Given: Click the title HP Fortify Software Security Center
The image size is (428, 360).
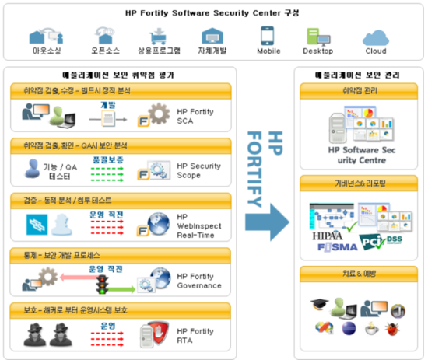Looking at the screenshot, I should [212, 13].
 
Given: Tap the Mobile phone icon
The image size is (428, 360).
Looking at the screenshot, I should [268, 35].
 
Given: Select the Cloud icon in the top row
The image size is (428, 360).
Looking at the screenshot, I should [375, 36].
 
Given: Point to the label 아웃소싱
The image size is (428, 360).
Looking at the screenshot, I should [46, 51].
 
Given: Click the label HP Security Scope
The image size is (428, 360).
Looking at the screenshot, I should [198, 170].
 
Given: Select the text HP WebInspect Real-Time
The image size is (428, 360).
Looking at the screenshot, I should [201, 226].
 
